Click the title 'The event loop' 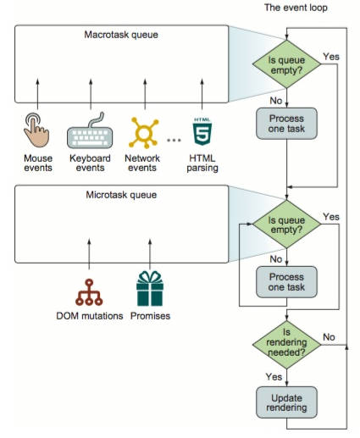(x=296, y=8)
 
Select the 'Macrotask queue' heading (x=121, y=35)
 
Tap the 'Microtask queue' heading (x=121, y=195)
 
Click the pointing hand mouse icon (x=36, y=130)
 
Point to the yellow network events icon (x=144, y=133)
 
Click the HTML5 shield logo (x=202, y=131)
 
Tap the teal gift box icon (x=150, y=288)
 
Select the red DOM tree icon (x=89, y=292)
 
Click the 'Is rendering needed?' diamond (x=286, y=345)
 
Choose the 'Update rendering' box (x=286, y=402)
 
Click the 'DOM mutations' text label (x=90, y=316)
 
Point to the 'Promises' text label (x=150, y=316)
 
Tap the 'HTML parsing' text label (x=202, y=163)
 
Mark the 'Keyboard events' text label (x=90, y=163)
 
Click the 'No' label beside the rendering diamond (x=329, y=337)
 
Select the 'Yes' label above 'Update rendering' (x=274, y=377)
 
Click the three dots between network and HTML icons (x=174, y=140)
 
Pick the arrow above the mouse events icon (x=37, y=94)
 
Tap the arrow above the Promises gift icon (x=150, y=254)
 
